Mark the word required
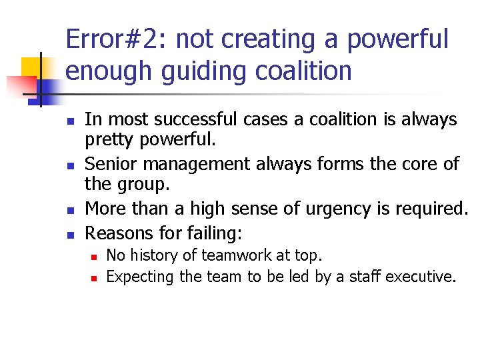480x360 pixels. tap(435, 209)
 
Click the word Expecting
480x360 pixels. tap(140, 276)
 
